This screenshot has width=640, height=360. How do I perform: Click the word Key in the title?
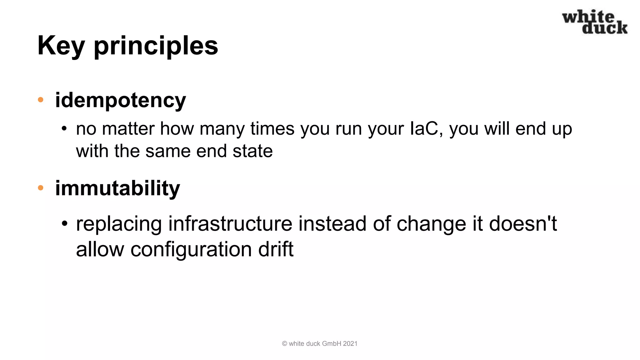[61, 46]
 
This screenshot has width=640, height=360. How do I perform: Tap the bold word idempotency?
[120, 100]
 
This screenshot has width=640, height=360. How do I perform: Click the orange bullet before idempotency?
[41, 100]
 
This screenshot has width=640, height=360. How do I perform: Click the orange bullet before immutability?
[41, 188]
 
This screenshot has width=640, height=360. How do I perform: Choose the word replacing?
[119, 224]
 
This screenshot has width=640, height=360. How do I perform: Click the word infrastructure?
[230, 224]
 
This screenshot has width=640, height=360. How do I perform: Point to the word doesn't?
[523, 224]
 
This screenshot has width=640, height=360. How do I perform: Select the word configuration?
[191, 249]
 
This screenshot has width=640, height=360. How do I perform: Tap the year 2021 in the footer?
[350, 344]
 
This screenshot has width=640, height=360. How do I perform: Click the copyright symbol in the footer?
[284, 344]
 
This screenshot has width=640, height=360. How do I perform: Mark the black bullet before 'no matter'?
[64, 129]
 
